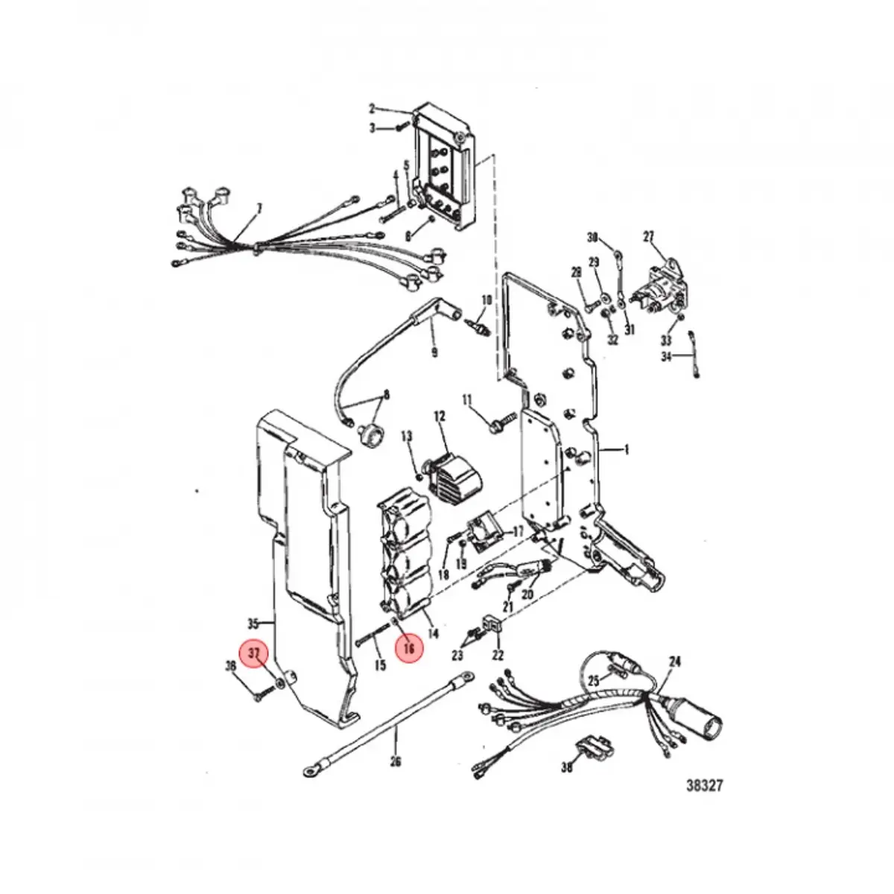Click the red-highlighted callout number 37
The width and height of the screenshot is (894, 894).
[255, 653]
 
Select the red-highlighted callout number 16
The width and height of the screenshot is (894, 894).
[409, 648]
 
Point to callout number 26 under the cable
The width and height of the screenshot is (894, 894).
[395, 762]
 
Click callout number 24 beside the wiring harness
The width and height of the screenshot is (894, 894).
[675, 662]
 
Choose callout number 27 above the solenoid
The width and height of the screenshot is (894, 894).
[648, 237]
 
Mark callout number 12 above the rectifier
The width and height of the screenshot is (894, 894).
[439, 416]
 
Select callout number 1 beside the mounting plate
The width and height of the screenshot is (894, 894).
[627, 449]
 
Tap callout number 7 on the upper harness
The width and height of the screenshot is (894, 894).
[259, 209]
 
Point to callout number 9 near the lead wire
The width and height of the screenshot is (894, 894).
[434, 350]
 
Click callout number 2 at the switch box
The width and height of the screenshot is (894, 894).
[372, 108]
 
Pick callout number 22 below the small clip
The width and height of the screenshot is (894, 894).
[498, 656]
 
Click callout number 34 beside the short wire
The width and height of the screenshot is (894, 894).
[666, 357]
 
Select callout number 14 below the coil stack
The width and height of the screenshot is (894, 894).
[433, 634]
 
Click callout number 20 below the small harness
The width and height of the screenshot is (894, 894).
[527, 595]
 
